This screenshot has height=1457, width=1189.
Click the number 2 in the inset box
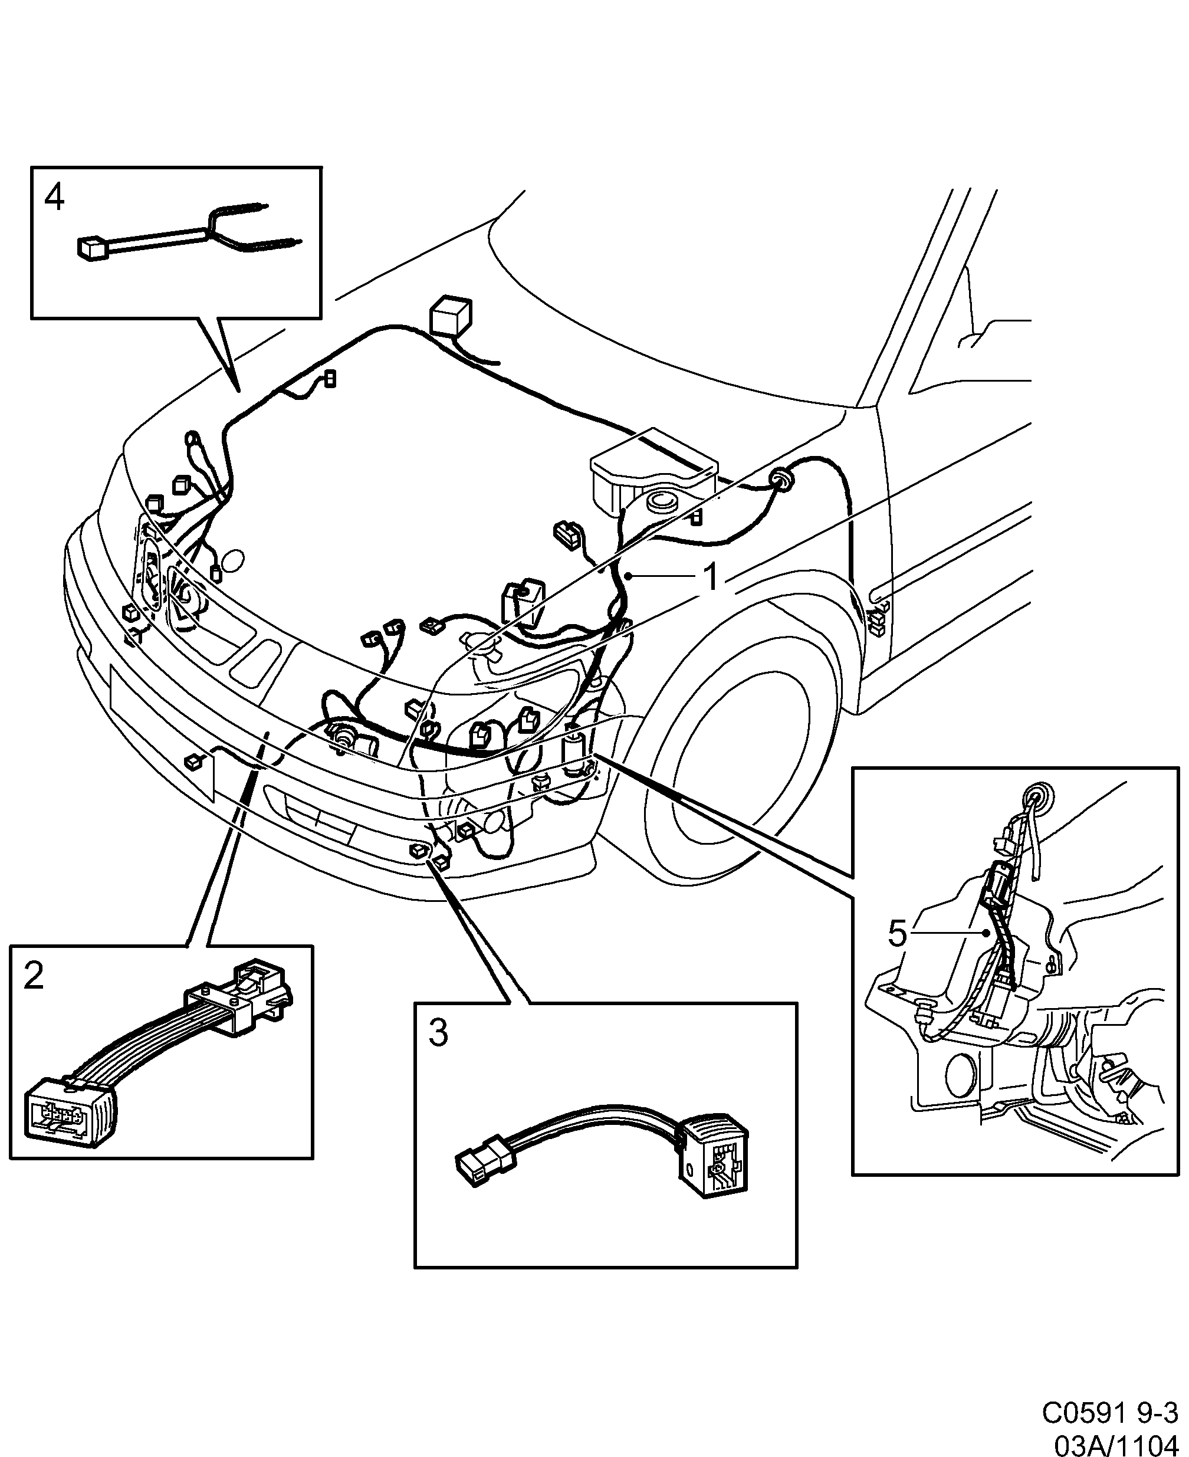(34, 976)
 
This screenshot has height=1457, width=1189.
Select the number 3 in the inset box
(438, 1033)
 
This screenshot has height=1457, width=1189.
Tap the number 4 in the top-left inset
(54, 198)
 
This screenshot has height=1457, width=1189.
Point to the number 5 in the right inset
(897, 934)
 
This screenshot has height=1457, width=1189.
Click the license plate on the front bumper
(161, 726)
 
